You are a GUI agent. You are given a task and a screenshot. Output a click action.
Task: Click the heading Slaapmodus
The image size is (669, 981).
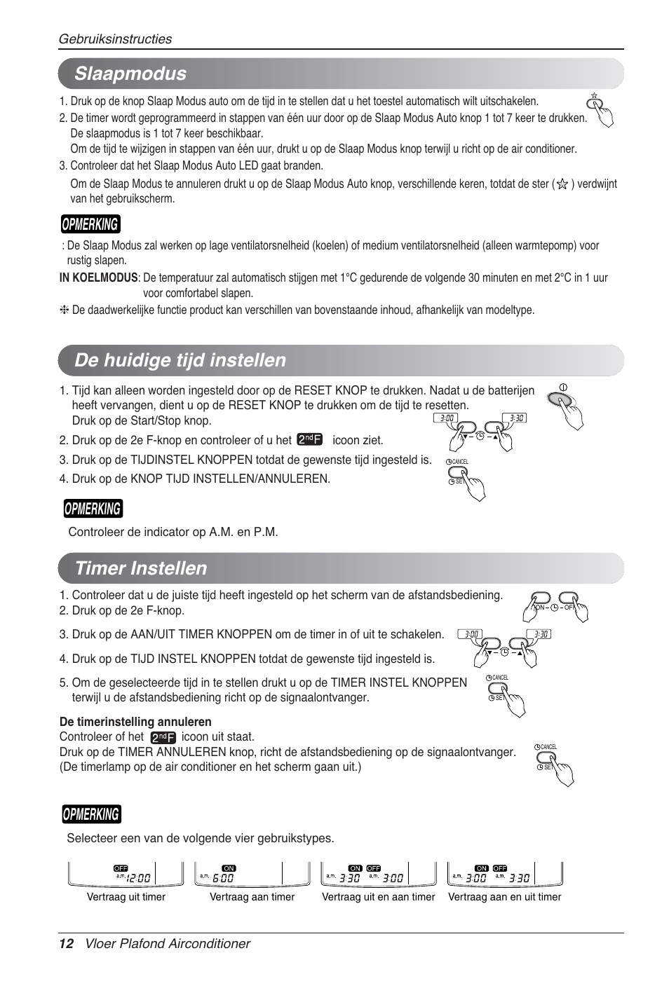point(131,74)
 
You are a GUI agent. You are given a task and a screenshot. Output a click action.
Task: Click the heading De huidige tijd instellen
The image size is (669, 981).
point(181,360)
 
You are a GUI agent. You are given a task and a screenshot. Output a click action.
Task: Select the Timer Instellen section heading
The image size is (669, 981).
point(141,568)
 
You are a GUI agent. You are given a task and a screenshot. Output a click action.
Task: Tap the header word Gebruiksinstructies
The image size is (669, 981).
point(115,39)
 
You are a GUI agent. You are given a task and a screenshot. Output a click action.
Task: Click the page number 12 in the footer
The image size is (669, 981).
point(66,943)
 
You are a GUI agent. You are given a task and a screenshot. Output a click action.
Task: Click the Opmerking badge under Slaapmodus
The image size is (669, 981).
point(90,224)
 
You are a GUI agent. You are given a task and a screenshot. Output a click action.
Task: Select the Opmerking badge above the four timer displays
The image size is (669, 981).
point(90,814)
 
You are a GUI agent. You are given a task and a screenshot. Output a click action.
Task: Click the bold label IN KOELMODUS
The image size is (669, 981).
point(98,277)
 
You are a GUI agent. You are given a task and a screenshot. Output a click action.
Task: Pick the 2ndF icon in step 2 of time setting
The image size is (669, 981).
point(309,439)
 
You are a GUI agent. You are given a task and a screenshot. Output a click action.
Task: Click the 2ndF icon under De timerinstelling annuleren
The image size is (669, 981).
point(163,737)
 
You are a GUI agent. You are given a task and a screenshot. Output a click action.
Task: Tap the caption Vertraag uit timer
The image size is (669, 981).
point(126,897)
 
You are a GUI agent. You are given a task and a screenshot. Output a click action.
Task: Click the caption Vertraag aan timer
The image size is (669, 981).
point(252,897)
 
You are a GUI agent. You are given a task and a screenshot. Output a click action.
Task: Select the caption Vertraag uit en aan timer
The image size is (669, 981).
point(379,897)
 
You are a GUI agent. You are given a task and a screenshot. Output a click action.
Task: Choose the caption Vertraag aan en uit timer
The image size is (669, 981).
point(505,897)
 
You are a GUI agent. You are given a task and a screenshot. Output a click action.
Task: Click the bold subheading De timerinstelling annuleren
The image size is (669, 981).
point(135,722)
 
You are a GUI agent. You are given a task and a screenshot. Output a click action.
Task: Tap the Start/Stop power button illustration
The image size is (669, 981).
point(562,399)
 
